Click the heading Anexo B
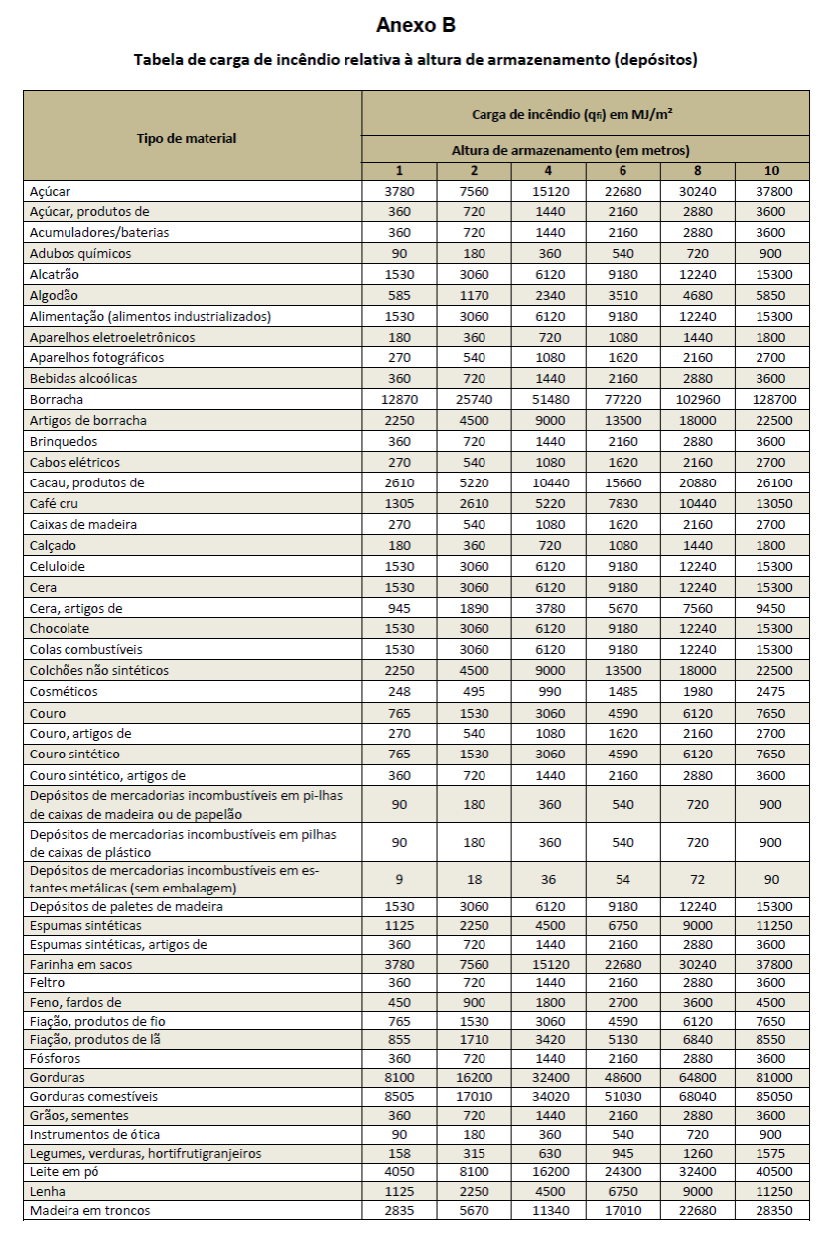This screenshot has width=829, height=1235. [415, 25]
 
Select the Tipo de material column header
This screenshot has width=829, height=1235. [187, 138]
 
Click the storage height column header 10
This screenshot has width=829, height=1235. [771, 170]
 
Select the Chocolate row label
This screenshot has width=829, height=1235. [60, 628]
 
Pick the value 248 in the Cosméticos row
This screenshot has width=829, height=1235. [399, 691]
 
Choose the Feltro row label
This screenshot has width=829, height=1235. [48, 982]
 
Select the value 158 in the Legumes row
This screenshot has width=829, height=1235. [399, 1153]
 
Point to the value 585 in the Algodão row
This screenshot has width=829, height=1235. [399, 295]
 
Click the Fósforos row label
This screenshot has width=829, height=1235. [55, 1058]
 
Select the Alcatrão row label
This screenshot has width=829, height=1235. [55, 274]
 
